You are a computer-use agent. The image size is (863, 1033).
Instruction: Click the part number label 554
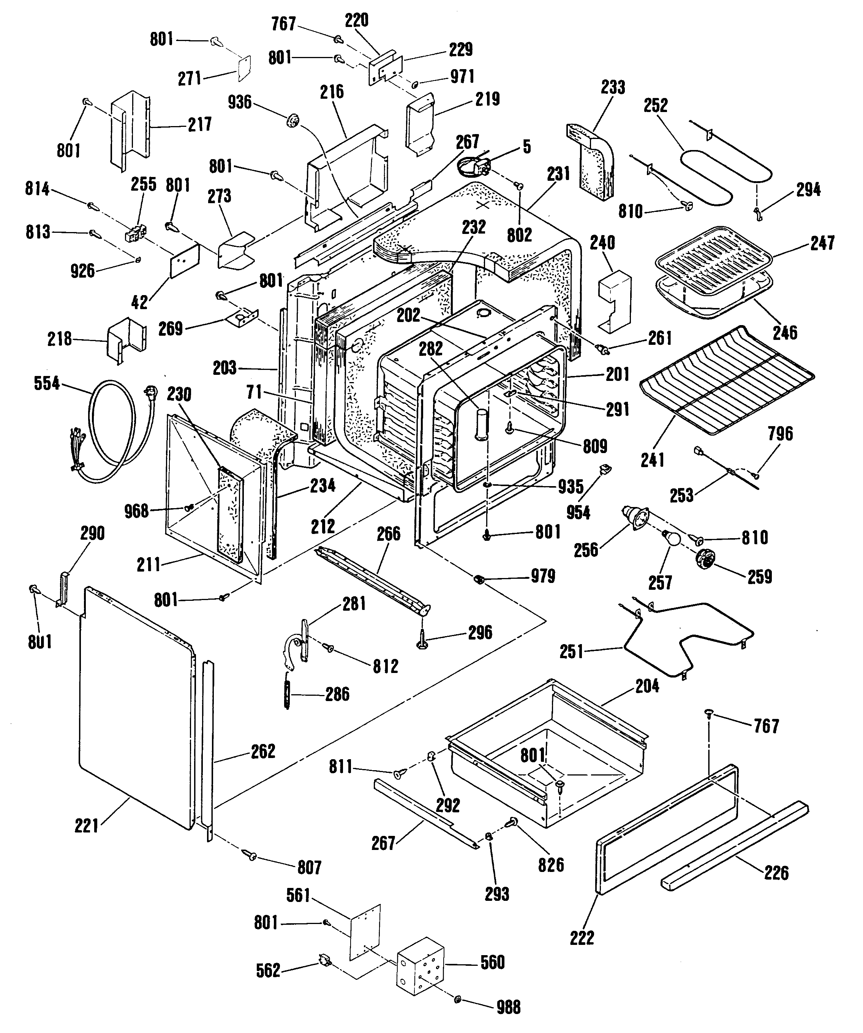(x=47, y=383)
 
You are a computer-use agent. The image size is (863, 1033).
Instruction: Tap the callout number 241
(x=653, y=460)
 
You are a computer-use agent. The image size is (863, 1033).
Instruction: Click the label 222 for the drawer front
(x=582, y=938)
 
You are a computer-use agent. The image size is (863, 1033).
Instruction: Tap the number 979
(x=543, y=576)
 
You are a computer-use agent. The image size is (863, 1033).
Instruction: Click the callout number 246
(x=785, y=333)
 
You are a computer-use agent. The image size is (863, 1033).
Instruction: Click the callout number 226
(x=776, y=873)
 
